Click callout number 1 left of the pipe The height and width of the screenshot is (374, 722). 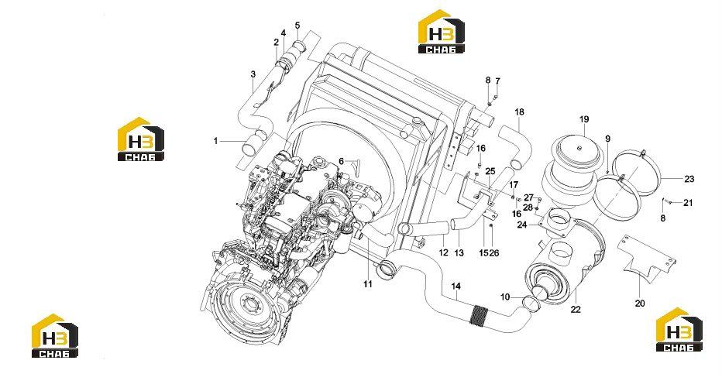click(215, 141)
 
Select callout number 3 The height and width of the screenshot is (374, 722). click(253, 74)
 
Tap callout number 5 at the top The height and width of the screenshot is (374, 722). click(297, 25)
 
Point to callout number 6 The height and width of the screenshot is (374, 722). click(341, 161)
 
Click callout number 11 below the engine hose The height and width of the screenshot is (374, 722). click(367, 284)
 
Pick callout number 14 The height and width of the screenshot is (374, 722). click(456, 287)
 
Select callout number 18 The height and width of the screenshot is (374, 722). click(519, 112)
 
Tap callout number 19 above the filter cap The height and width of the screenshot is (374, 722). click(584, 119)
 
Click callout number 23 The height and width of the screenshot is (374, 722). click(689, 179)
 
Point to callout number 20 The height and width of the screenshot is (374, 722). click(640, 304)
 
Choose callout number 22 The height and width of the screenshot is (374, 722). click(576, 310)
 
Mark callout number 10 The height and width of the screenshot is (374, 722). click(505, 297)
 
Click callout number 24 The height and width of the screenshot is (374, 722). click(522, 225)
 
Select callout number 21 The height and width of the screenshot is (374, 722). click(688, 202)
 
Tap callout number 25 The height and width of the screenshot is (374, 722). click(490, 171)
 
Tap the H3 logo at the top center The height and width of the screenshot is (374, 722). click(441, 31)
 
